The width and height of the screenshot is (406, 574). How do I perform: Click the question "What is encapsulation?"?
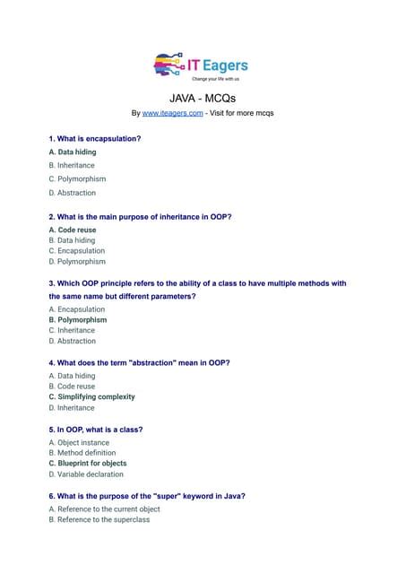(95, 139)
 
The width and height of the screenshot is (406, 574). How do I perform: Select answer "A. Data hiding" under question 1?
(73, 152)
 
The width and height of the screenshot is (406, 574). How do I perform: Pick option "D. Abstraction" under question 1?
(72, 193)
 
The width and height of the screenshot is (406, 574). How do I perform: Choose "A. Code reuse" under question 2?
(73, 230)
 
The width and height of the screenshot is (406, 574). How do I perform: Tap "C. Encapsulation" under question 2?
(77, 251)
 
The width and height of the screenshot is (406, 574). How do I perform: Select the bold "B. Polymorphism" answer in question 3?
(78, 320)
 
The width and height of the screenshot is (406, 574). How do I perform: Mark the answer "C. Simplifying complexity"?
(92, 396)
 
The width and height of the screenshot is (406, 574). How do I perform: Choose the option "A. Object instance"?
(78, 443)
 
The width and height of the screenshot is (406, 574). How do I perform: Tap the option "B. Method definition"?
(82, 454)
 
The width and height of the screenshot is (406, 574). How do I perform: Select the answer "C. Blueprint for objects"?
(88, 464)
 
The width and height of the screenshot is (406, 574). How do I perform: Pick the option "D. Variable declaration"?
(86, 474)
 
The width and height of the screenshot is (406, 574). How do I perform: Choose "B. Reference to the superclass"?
(99, 519)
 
